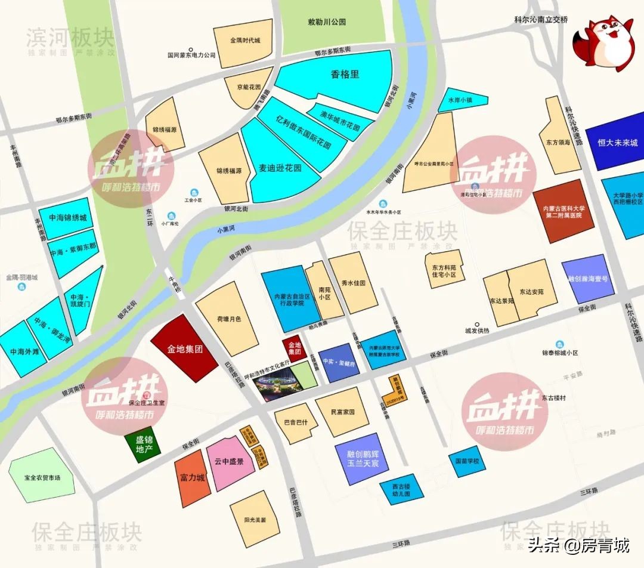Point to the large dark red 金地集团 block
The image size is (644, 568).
pos(185,348)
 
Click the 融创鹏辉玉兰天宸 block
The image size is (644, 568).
pos(358,458)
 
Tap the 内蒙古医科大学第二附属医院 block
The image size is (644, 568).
pos(563,211)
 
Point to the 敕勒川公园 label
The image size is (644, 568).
pos(326,22)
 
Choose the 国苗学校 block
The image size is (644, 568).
pos(467,462)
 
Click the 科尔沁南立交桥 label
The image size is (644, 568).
pos(541,19)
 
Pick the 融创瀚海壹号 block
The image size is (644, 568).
pos(588,277)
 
